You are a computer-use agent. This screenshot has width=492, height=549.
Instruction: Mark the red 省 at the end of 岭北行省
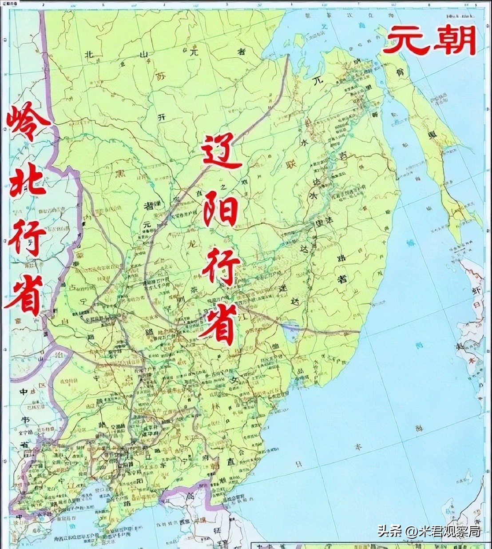click(24, 295)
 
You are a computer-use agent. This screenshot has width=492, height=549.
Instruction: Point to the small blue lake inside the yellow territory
click(291, 330)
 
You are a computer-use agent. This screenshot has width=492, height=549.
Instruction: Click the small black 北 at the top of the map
click(89, 55)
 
